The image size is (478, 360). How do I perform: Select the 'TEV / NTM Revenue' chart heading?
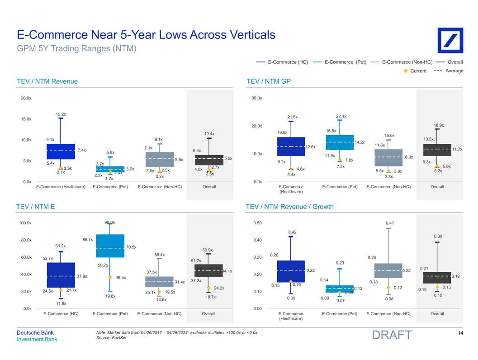click(x=47, y=81)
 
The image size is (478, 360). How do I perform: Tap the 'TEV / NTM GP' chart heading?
click(x=269, y=81)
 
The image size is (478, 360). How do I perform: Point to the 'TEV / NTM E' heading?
click(x=36, y=207)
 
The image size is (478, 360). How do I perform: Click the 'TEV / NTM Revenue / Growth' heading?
click(x=290, y=207)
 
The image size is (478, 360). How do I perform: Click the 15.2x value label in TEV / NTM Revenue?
click(x=61, y=114)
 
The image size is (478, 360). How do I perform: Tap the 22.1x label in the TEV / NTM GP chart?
click(x=341, y=116)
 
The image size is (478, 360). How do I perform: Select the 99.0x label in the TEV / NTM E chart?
click(x=109, y=222)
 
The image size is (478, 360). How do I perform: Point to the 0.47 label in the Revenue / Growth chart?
click(x=389, y=223)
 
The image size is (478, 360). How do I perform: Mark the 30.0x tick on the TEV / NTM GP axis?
click(x=256, y=98)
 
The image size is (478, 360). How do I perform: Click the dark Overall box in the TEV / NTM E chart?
click(x=208, y=270)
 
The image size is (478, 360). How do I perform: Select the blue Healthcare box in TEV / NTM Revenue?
click(x=61, y=152)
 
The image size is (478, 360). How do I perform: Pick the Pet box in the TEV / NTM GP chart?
click(x=340, y=142)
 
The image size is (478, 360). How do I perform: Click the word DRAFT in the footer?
click(x=391, y=335)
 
